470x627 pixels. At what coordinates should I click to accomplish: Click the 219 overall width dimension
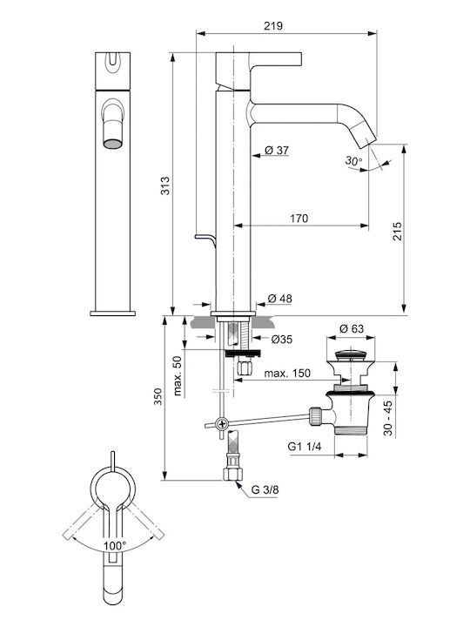(x=273, y=26)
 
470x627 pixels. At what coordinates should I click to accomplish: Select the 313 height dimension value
(x=165, y=185)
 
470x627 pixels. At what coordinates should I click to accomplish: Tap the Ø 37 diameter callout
(x=277, y=151)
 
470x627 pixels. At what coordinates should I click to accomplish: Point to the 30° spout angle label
(x=353, y=161)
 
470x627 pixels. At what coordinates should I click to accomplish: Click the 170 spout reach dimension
(x=299, y=219)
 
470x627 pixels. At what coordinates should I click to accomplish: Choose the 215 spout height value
(x=397, y=231)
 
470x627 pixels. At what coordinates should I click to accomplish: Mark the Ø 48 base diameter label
(x=279, y=299)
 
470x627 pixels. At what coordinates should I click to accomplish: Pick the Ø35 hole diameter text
(x=282, y=339)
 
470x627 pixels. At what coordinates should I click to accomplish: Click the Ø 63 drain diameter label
(x=352, y=328)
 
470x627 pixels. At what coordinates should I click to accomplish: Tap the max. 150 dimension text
(x=287, y=373)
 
